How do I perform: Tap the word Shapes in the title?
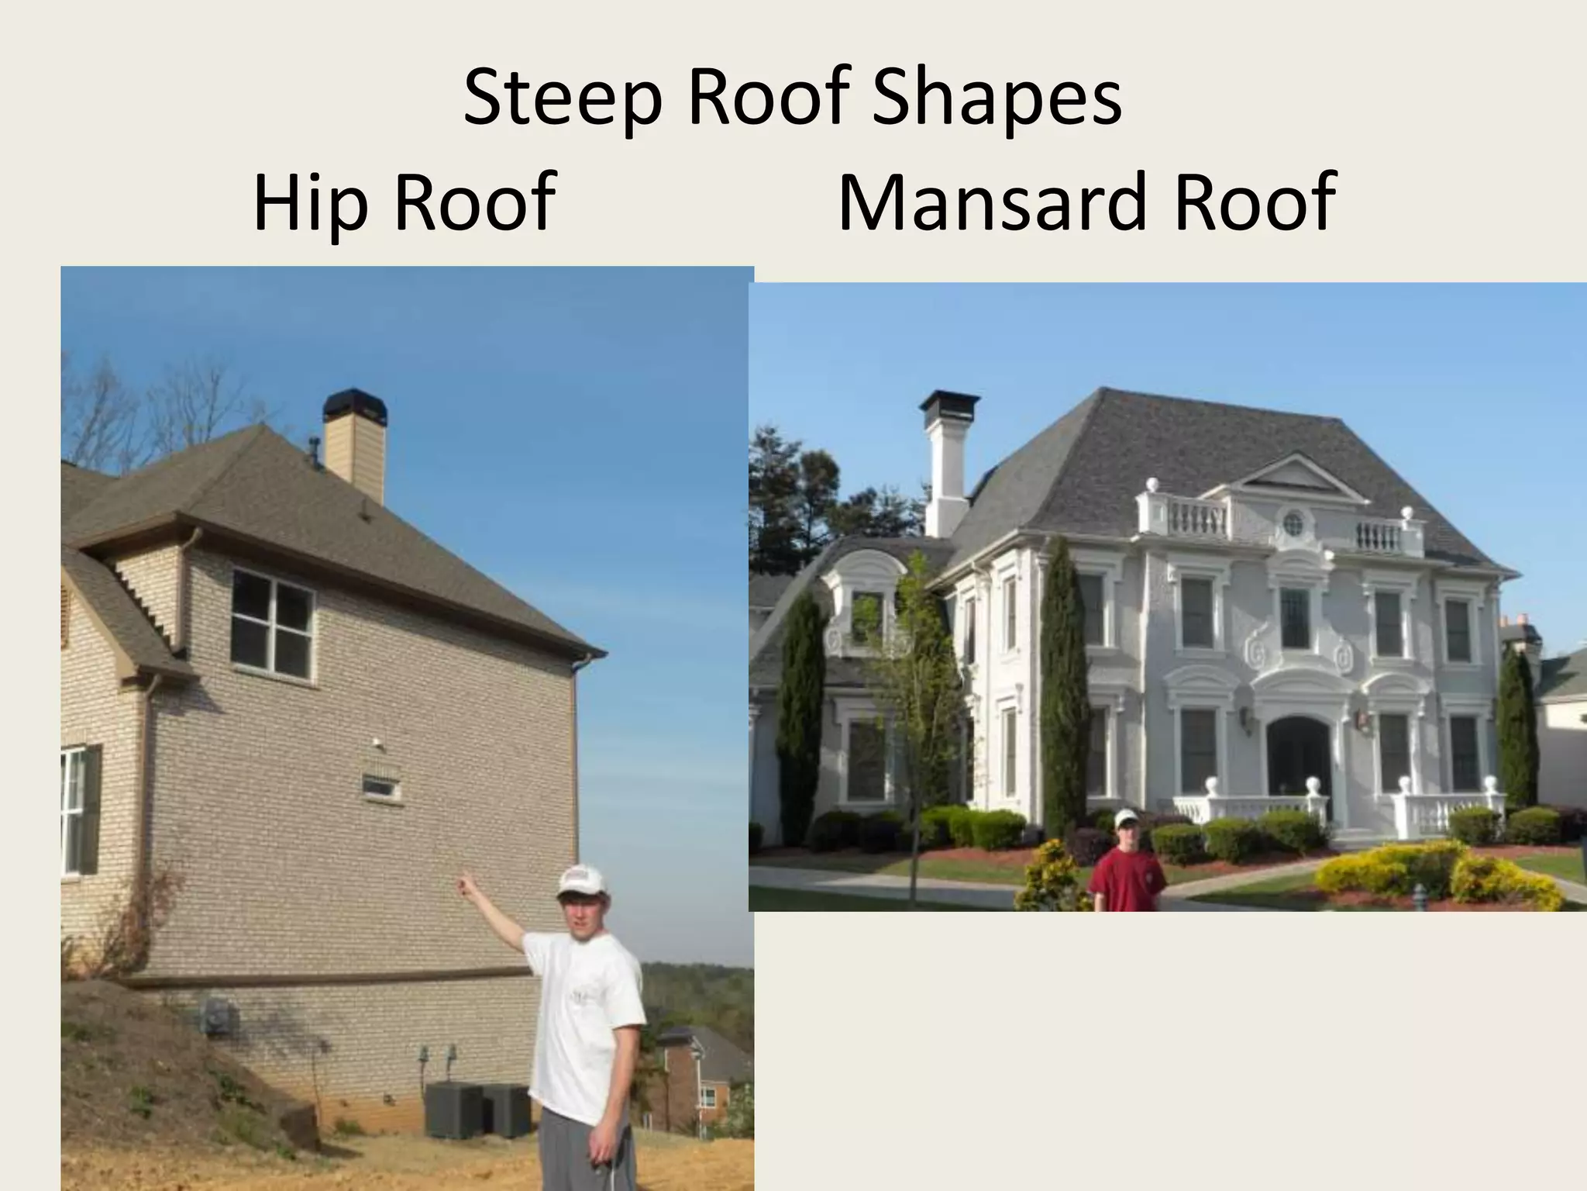tap(997, 99)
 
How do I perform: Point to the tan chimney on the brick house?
tap(355, 450)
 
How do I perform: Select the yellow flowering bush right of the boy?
tap(1387, 868)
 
